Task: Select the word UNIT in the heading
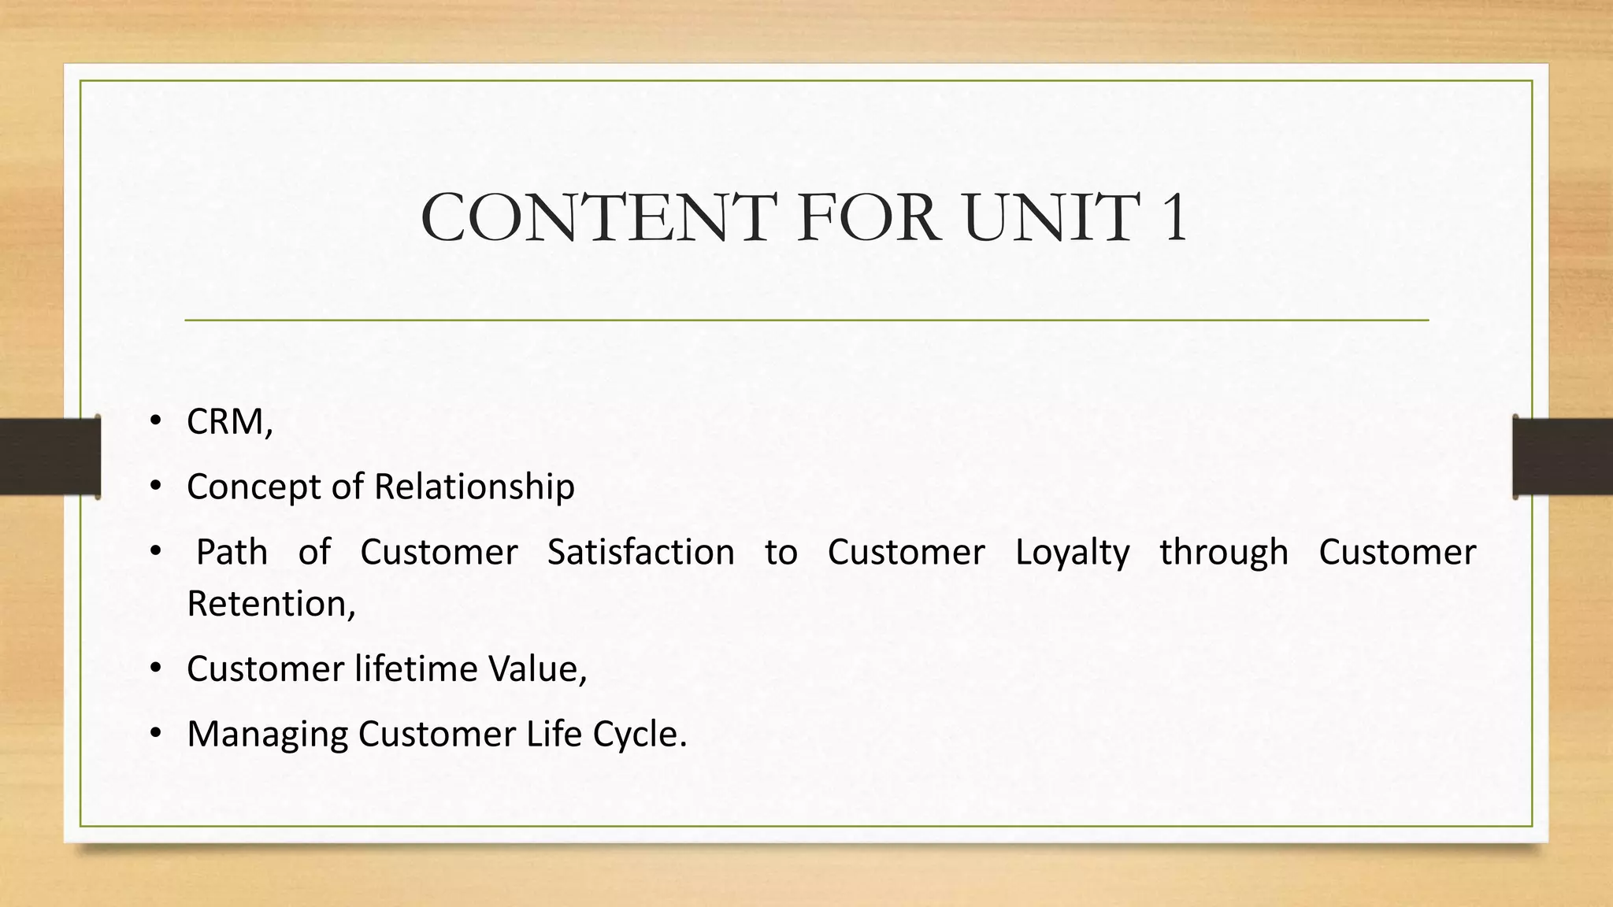point(1051,217)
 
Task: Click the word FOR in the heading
point(868,217)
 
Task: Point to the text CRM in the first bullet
point(225,422)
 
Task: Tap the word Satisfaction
point(640,552)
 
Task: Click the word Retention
point(268,604)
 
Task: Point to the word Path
point(232,552)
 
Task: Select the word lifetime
point(415,669)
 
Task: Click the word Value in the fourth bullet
point(536,669)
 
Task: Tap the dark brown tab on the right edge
point(1563,457)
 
